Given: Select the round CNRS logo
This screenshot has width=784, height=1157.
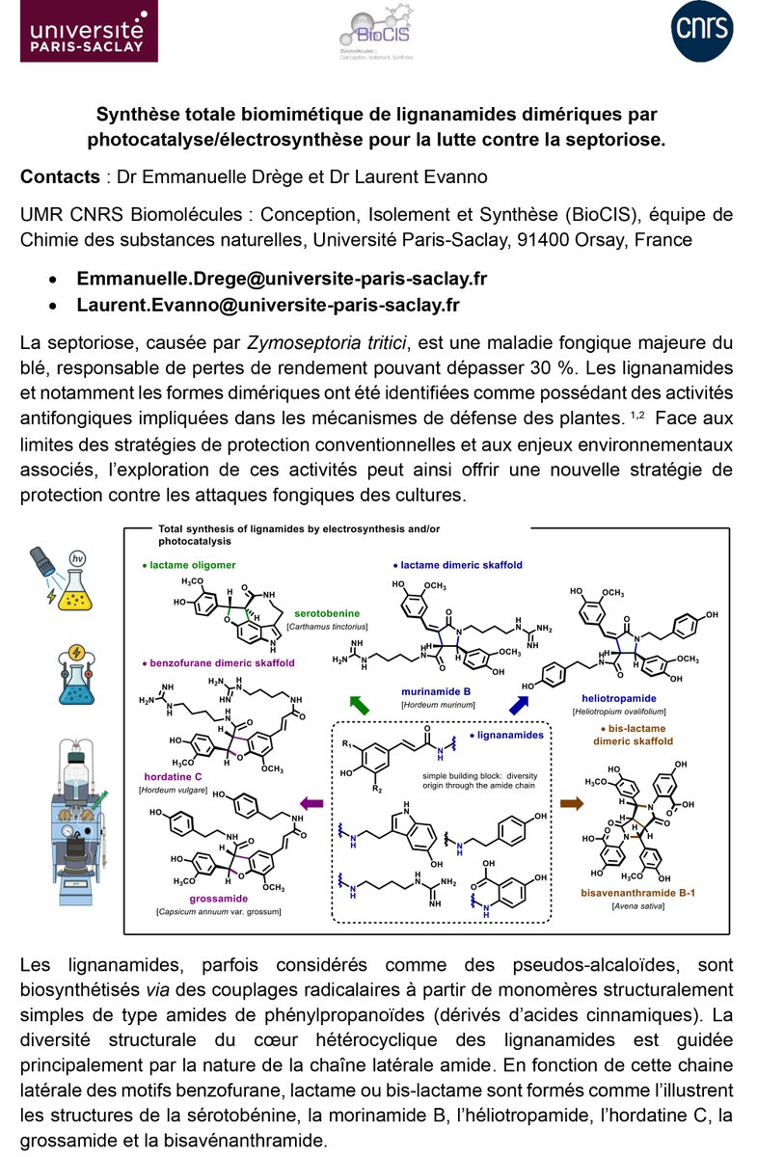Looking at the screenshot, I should tap(702, 37).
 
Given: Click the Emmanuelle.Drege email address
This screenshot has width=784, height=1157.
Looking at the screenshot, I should tap(282, 279).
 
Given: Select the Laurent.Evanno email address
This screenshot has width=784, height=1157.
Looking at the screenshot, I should tap(268, 305).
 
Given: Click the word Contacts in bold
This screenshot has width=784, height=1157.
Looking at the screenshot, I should tap(60, 177).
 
